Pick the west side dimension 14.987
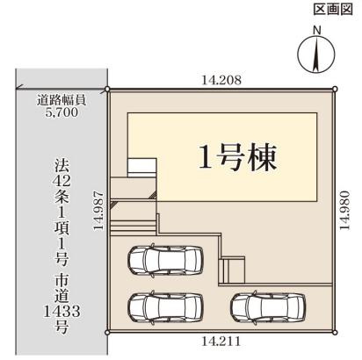coord(99,211)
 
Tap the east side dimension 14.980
coord(348,210)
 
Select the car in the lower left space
coord(161,307)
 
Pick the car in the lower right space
coord(263,307)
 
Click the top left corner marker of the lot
coord(107,90)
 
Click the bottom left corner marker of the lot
coord(107,332)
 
